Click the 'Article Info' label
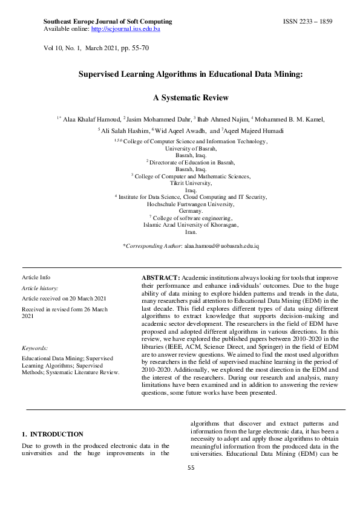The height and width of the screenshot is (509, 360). (36, 277)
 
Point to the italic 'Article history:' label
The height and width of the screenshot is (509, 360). (40, 289)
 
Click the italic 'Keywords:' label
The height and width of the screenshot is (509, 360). (34, 348)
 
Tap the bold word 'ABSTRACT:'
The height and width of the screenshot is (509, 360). (160, 276)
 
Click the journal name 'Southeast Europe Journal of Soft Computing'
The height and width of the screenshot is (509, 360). (108, 21)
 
